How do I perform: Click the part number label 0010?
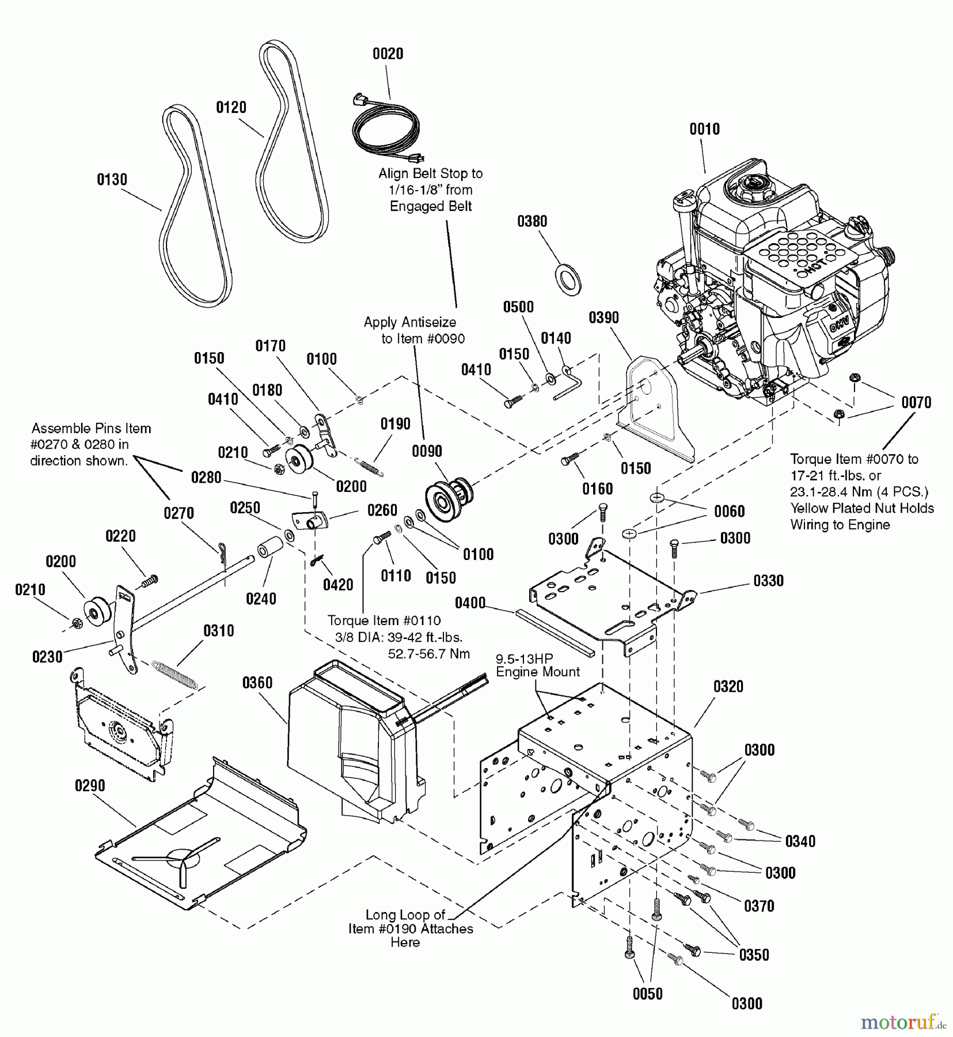pos(704,129)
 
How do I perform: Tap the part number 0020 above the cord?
pos(388,54)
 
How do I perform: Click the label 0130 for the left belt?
pos(112,180)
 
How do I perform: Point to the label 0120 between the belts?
pos(231,107)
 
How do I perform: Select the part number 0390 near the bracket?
pos(603,317)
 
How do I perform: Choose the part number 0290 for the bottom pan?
pos(90,786)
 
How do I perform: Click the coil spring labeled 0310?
pos(176,675)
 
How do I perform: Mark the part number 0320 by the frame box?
pos(728,686)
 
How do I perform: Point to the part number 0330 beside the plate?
pos(768,581)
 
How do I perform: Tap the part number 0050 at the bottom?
pos(647,994)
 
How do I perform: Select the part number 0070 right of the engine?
pos(916,402)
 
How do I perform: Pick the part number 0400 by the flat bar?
pos(470,603)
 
